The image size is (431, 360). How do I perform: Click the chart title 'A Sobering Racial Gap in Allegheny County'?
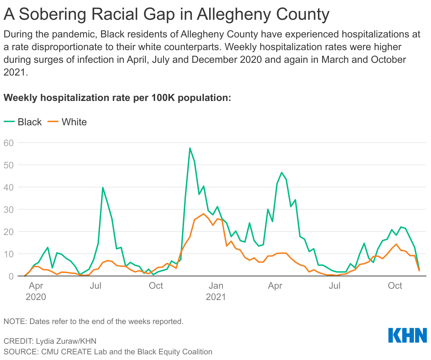pos(166,14)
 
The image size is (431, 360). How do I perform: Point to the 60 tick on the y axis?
pos(8,143)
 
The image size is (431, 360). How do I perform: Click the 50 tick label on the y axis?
pos(8,165)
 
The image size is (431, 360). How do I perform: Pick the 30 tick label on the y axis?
pos(8,210)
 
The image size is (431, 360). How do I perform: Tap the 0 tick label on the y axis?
pos(11,276)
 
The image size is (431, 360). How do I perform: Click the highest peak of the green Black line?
pos(190,148)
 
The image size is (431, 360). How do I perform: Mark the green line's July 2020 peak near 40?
pos(103,187)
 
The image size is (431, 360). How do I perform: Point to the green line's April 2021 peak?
pos(282,173)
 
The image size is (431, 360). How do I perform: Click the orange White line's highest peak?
pos(204,214)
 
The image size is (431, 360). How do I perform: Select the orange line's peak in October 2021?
pos(396,244)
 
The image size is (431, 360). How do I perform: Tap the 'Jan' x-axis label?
pos(215,286)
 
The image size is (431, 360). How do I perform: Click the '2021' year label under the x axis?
pos(215,297)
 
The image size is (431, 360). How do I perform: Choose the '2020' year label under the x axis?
pos(36,297)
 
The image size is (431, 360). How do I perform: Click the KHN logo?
pos(407,335)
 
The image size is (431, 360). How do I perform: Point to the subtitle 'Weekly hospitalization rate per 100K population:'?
pos(117,97)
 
